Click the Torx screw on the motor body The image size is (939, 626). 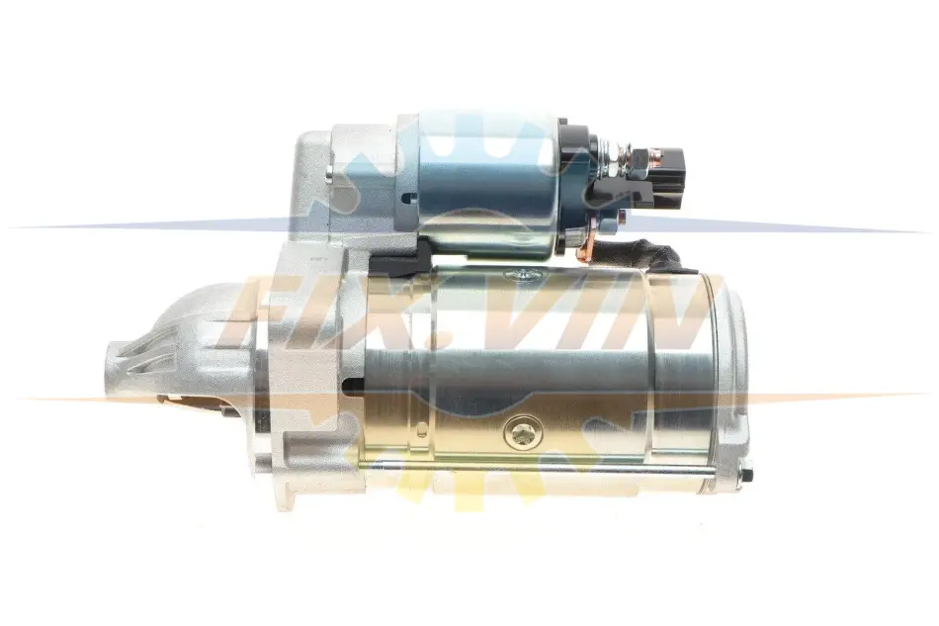tap(522, 432)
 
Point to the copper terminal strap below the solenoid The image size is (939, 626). tap(586, 241)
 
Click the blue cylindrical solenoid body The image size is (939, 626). tap(488, 183)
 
